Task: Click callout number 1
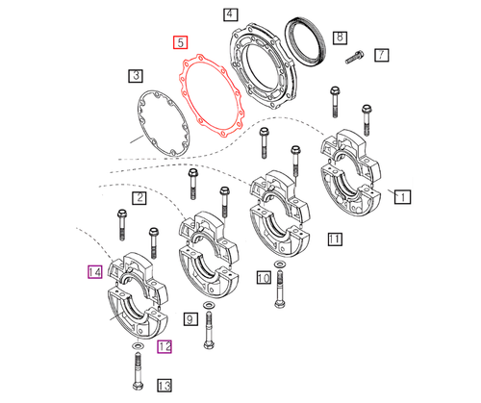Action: [x=403, y=196]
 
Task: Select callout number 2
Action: [x=139, y=198]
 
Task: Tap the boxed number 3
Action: [x=136, y=75]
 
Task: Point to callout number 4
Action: [x=229, y=14]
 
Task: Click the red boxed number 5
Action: [x=180, y=42]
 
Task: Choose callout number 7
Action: [x=382, y=55]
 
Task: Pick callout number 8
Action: [x=339, y=38]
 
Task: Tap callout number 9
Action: [x=190, y=318]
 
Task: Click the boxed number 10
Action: [x=263, y=278]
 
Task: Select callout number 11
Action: [x=334, y=239]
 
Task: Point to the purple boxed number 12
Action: [x=165, y=345]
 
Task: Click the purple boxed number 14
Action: [x=94, y=272]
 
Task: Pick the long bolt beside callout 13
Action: [x=136, y=368]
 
